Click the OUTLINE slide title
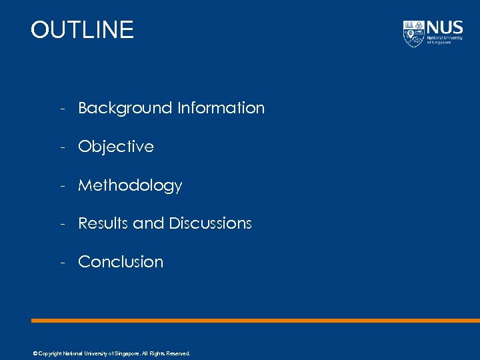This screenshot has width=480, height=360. click(82, 30)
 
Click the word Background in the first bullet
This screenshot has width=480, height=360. click(125, 108)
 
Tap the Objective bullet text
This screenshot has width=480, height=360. click(116, 147)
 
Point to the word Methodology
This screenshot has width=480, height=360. click(130, 185)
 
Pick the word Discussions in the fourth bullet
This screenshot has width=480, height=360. click(210, 223)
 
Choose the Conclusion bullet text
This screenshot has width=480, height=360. click(121, 262)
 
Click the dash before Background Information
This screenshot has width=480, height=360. click(61, 109)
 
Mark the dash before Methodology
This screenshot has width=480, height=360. click(61, 186)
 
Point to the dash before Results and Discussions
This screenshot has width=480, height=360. click(61, 224)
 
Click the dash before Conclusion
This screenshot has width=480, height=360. click(61, 263)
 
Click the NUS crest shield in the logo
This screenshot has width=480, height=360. click(413, 33)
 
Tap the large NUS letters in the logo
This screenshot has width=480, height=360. click(445, 27)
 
